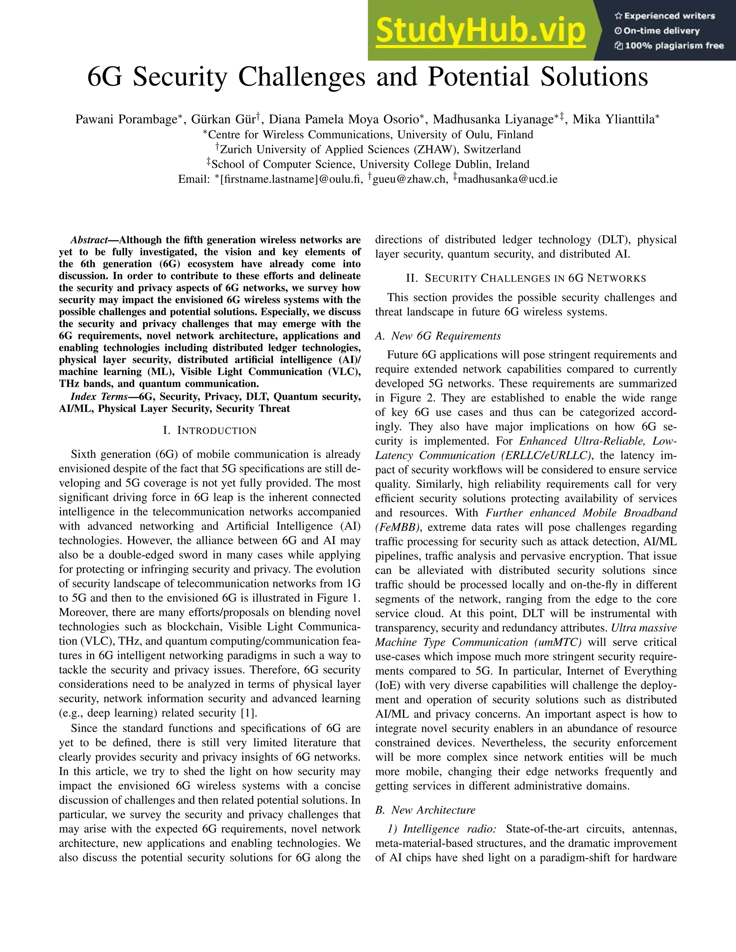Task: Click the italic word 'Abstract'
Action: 89,240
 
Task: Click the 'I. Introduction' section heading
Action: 210,431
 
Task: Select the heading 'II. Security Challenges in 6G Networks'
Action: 526,278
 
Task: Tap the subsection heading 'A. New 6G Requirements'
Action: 438,336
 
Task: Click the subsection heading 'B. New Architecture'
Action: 425,810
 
